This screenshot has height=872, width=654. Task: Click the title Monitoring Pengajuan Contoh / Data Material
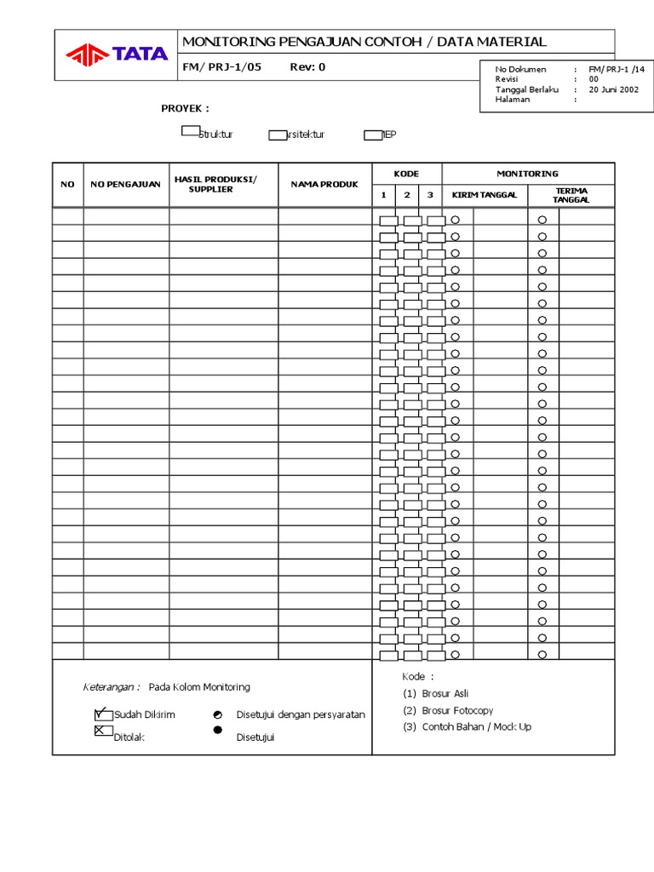[364, 42]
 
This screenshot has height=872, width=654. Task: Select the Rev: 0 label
[307, 68]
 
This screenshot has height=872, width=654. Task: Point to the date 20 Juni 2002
[613, 89]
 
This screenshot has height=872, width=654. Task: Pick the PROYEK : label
[185, 108]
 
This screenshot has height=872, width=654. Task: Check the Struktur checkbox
[190, 131]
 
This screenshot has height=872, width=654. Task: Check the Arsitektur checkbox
[278, 135]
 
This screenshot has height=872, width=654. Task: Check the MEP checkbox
[372, 135]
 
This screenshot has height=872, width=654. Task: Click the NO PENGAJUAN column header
[126, 184]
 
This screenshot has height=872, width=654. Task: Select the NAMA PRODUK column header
[324, 184]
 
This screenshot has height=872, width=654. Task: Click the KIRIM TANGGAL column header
[484, 195]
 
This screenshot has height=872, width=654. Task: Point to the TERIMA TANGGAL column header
[571, 195]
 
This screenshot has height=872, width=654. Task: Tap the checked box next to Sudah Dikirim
[103, 714]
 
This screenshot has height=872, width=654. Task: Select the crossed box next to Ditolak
[103, 731]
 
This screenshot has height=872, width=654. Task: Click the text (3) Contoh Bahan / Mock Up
[467, 727]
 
